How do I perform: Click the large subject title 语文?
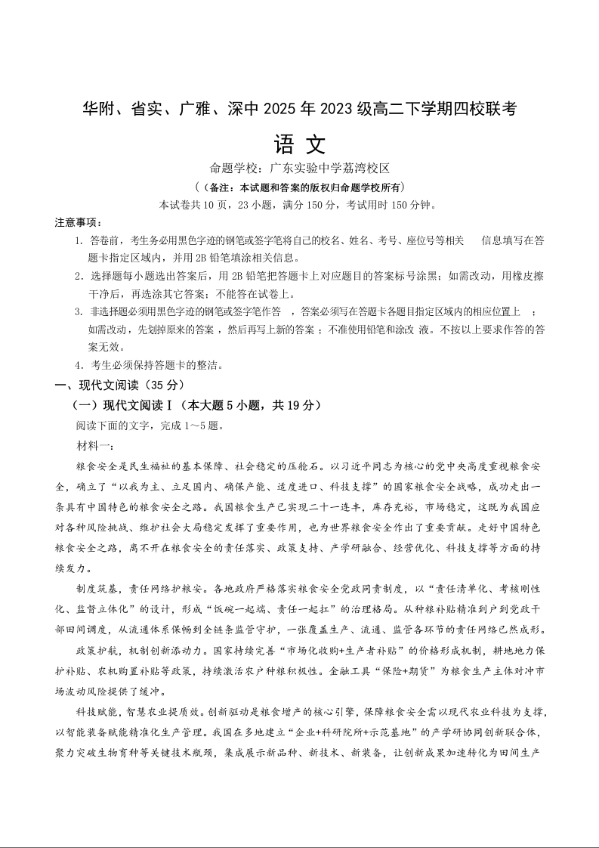click(299, 144)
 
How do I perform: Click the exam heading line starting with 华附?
click(299, 109)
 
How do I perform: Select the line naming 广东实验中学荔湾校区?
click(299, 169)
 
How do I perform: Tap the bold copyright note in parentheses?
click(299, 187)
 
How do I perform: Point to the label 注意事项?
click(78, 222)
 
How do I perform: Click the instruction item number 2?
click(79, 276)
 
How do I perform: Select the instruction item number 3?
click(79, 311)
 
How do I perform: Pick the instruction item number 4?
click(79, 365)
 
